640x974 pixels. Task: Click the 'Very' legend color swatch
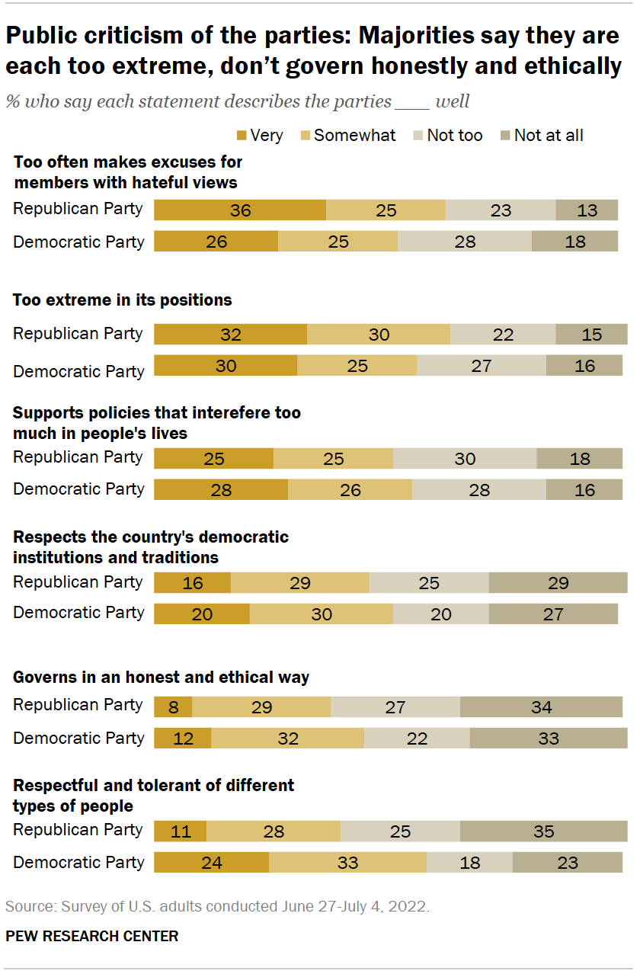click(242, 136)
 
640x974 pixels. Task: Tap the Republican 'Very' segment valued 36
click(240, 210)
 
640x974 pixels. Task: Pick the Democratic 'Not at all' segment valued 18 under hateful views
click(574, 242)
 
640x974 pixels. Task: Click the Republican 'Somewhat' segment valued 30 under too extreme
click(379, 335)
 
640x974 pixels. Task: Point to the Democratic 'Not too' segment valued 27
click(482, 366)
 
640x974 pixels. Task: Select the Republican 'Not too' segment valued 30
click(465, 459)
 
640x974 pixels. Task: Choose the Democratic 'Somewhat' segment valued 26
click(350, 489)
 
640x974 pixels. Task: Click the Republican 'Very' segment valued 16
click(193, 583)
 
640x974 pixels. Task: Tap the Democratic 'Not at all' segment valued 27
click(553, 614)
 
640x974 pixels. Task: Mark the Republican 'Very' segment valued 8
click(173, 707)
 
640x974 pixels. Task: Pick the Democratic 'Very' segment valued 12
click(183, 738)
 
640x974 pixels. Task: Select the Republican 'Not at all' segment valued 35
click(543, 831)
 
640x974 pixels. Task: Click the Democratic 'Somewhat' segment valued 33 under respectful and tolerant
click(347, 863)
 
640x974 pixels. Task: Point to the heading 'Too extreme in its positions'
click(122, 300)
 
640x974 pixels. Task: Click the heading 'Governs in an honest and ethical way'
click(161, 677)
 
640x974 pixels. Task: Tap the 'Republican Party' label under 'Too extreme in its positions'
click(78, 334)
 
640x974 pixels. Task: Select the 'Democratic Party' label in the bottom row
click(78, 863)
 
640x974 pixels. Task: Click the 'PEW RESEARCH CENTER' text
click(91, 936)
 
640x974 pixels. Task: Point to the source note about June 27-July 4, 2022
click(217, 907)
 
